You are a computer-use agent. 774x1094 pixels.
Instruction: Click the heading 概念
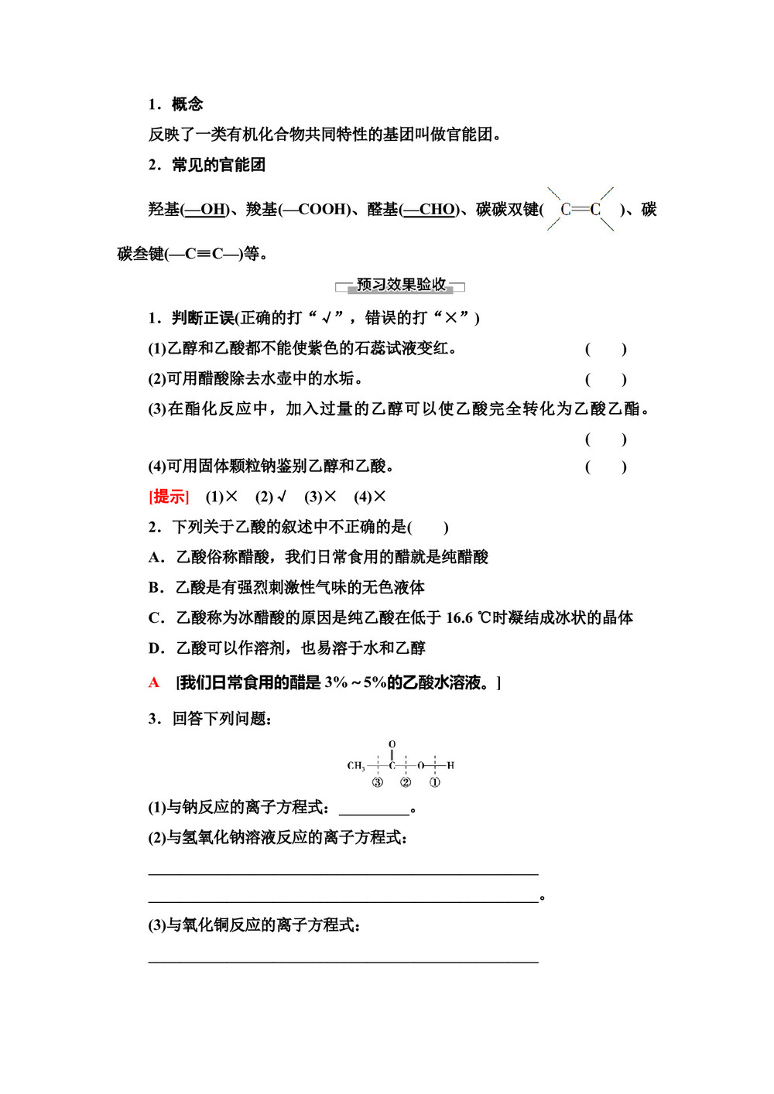point(187,104)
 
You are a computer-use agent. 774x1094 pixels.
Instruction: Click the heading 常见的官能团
point(218,165)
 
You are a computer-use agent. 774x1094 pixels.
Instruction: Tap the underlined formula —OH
point(205,210)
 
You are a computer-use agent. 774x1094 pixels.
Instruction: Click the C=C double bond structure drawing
point(580,209)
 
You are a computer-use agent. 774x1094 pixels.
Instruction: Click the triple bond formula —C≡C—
point(204,254)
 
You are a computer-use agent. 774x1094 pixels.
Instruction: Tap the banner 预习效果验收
point(401,285)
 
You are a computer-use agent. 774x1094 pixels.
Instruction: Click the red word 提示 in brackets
point(169,497)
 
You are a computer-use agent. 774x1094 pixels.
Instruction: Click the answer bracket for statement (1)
point(605,349)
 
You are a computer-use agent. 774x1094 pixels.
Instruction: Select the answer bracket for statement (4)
point(605,467)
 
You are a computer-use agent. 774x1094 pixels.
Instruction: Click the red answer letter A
point(154,682)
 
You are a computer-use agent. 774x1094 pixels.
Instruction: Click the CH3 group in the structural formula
point(355,766)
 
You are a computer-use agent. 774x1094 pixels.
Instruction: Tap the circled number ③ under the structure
point(378,782)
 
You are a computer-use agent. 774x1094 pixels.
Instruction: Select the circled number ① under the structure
point(435,782)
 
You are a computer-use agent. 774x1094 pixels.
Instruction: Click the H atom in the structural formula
point(450,766)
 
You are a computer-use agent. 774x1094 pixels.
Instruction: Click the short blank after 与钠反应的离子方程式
point(374,809)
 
